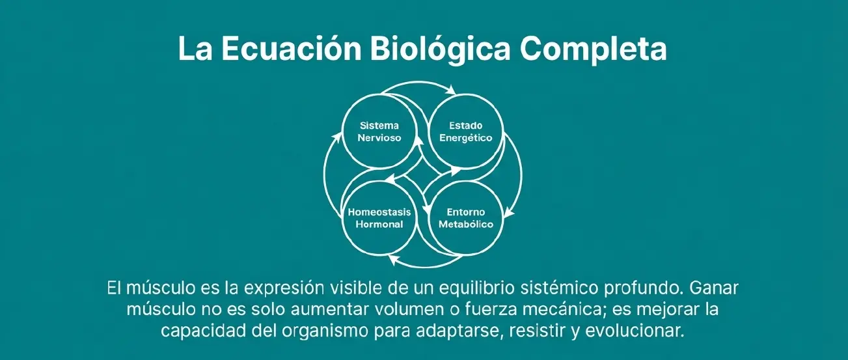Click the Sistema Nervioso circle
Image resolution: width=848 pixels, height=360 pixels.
[x=380, y=132]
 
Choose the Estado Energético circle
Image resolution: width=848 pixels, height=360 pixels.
[x=466, y=132]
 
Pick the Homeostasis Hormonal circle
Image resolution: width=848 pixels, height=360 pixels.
[x=380, y=218]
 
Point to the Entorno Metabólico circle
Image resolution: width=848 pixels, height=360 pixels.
[x=466, y=218]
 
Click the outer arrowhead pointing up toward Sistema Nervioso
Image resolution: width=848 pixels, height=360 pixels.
[x=337, y=135]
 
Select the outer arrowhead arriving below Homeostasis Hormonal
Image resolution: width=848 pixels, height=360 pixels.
[x=392, y=261]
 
